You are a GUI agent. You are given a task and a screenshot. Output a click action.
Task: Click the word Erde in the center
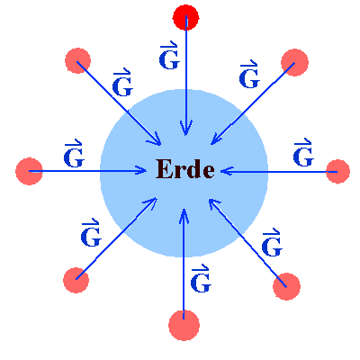[185, 169]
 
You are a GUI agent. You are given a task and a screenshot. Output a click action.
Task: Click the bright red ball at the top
[185, 17]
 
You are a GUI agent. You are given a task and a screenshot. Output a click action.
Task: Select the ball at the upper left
[77, 60]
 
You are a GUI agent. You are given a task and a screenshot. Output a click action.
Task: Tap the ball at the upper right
[294, 62]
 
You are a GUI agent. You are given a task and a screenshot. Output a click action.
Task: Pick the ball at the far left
[29, 171]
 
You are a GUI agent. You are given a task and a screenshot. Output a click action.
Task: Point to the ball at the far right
[337, 172]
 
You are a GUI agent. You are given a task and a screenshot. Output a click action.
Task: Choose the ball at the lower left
[76, 280]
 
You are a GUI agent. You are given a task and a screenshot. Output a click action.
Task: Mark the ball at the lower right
[286, 286]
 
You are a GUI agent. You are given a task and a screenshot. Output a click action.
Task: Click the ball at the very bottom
[184, 326]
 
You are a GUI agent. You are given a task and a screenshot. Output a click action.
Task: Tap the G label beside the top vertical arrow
[169, 56]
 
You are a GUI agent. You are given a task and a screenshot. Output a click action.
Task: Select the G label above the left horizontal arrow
[74, 154]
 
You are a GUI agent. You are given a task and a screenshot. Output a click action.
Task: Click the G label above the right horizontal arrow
[303, 153]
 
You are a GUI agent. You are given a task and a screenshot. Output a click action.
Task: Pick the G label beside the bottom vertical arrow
[201, 279]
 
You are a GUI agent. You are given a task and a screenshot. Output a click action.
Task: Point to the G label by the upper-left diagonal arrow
[122, 83]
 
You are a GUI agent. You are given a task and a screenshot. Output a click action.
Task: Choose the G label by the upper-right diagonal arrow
[249, 75]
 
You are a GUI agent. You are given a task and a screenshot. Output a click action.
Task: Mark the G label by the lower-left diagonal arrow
[91, 233]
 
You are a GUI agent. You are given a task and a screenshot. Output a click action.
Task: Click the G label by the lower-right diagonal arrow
[272, 243]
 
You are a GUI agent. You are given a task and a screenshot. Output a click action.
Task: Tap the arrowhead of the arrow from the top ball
[186, 128]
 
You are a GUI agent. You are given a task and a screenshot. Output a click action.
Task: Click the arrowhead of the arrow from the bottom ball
[184, 216]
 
